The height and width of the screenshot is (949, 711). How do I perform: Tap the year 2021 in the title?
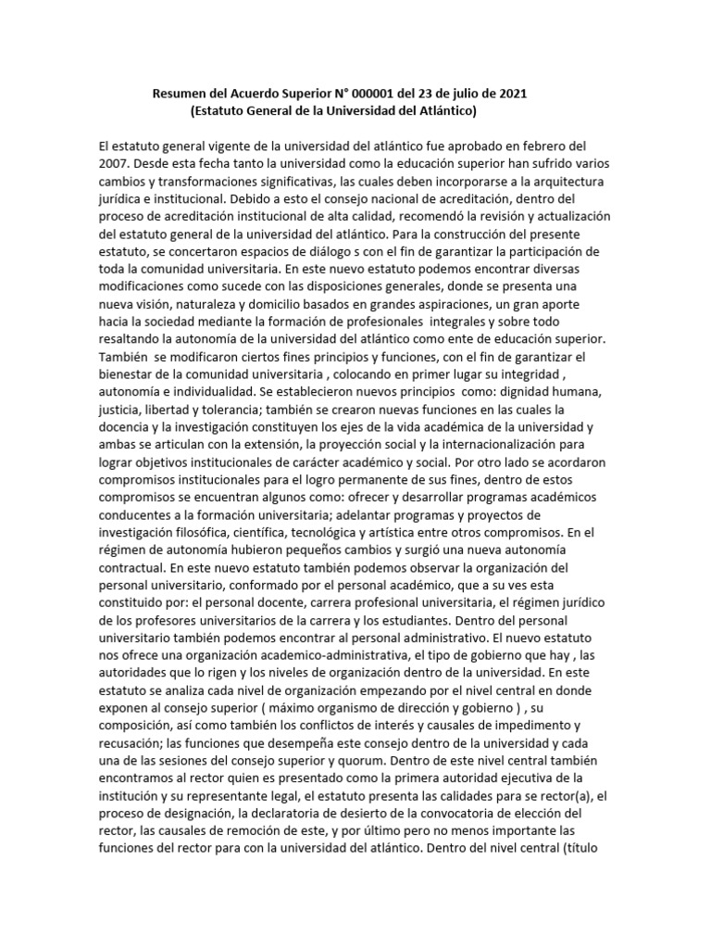(512, 94)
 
